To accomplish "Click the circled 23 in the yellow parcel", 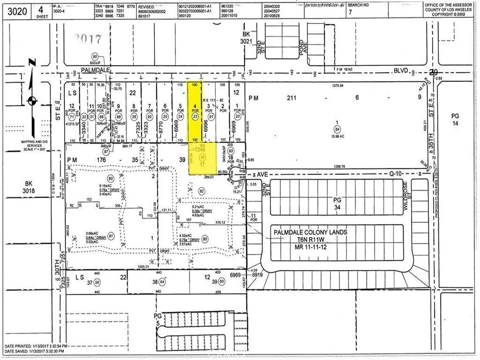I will click(195, 117).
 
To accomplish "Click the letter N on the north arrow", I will click(31, 62).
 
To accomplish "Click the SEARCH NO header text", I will click(370, 4).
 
